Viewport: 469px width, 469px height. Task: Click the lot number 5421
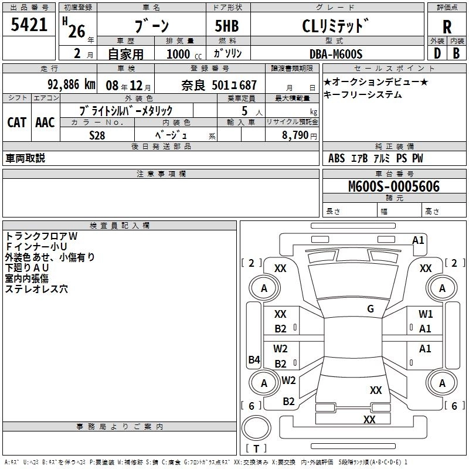click(29, 25)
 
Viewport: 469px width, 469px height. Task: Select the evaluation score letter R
click(447, 27)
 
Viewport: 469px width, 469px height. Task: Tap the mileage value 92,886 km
click(72, 84)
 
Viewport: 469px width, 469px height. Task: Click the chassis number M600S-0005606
click(394, 186)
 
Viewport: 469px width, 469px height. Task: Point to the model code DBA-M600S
click(336, 54)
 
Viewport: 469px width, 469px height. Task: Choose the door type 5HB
click(227, 26)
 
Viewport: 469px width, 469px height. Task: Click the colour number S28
click(97, 135)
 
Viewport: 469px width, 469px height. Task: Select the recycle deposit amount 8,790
click(295, 135)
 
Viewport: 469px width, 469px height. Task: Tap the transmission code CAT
click(16, 123)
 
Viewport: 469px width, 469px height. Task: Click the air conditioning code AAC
click(45, 123)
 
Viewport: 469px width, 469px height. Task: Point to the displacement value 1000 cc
click(184, 54)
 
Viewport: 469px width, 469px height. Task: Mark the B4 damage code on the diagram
click(254, 359)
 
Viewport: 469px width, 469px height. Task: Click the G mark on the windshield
click(371, 309)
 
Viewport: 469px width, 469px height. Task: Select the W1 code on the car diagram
click(426, 314)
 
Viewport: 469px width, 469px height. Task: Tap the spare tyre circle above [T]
click(256, 428)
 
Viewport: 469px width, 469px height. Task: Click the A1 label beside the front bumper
click(418, 240)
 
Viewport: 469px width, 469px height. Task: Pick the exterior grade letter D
click(437, 53)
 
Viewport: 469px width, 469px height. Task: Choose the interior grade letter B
click(456, 53)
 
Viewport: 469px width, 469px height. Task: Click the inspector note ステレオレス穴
click(36, 289)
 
